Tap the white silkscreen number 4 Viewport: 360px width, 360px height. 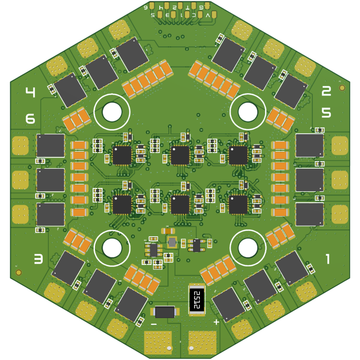pyautogui.click(x=30, y=93)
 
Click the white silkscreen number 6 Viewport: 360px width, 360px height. pyautogui.click(x=30, y=119)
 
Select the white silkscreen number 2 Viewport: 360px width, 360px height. pyautogui.click(x=326, y=91)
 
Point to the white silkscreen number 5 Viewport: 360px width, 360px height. pyautogui.click(x=326, y=112)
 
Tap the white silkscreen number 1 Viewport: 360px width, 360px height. pyautogui.click(x=328, y=259)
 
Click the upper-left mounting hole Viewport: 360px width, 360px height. pyautogui.click(x=112, y=111)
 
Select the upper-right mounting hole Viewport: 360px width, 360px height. pyautogui.click(x=247, y=111)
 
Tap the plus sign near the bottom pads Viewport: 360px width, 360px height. pyautogui.click(x=216, y=322)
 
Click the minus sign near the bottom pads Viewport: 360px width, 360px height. pyautogui.click(x=153, y=324)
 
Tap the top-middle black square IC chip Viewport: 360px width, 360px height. pyautogui.click(x=180, y=155)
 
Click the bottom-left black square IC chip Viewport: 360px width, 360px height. pyautogui.click(x=122, y=204)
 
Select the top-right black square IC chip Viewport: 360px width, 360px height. pyautogui.click(x=238, y=155)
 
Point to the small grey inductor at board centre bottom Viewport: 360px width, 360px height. pyautogui.click(x=171, y=242)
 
